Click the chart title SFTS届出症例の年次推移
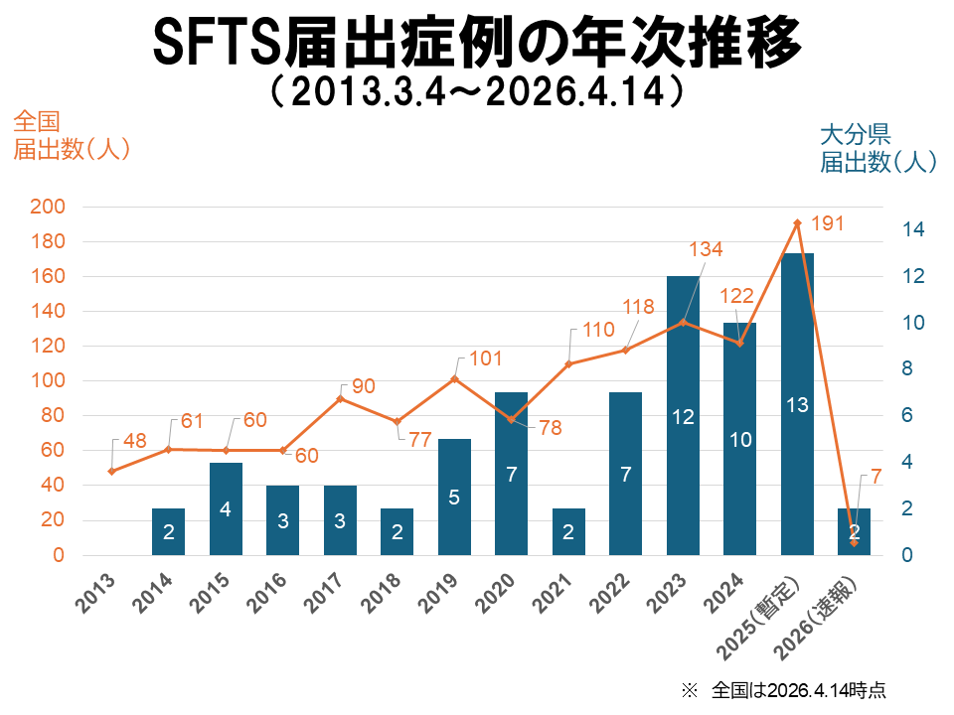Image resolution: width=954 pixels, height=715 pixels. pos(477,42)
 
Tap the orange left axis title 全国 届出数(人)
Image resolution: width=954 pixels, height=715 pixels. pos(70,136)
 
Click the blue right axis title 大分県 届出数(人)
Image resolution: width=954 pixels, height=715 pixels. pos(878,148)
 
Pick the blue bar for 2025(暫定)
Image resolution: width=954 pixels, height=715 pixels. pos(796,403)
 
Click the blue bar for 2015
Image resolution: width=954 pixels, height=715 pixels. pos(226,508)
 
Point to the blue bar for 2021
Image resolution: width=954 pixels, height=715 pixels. pos(568,531)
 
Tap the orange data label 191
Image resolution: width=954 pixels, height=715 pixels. pos(826,223)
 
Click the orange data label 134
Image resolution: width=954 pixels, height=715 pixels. pos(706,249)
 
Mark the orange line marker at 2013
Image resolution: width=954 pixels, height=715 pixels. pos(111,471)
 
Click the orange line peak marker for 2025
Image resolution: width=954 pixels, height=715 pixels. pos(796,223)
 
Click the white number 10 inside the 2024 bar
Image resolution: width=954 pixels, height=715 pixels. pos(738,439)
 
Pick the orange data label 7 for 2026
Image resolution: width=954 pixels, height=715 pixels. pos(875,478)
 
